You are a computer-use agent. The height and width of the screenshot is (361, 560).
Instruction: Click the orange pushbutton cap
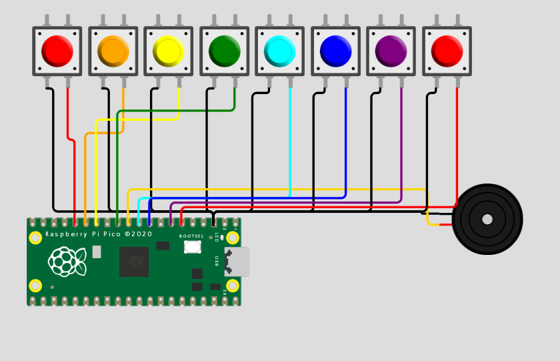pos(113,51)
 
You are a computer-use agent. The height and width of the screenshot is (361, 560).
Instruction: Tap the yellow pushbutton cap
pos(168,51)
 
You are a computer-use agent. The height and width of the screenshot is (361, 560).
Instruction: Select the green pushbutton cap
pos(224,51)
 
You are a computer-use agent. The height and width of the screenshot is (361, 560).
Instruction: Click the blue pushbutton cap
pos(335,51)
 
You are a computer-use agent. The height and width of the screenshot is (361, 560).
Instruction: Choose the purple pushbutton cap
pos(391,51)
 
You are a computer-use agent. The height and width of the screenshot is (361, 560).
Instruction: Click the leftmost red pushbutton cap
pos(57,51)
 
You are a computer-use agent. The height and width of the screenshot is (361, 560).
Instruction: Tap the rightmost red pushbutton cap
pos(447,51)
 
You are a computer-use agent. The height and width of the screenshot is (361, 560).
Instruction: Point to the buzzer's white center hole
pos(487,219)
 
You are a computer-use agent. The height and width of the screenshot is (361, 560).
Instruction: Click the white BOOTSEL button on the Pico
pos(193,247)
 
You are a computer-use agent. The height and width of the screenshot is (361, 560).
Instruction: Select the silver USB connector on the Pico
pos(238,262)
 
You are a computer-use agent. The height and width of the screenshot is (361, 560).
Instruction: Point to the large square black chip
pos(134,262)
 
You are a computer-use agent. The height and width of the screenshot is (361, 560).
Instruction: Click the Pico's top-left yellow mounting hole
pos(35,238)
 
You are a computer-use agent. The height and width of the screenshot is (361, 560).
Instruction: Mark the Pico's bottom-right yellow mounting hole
pos(232,286)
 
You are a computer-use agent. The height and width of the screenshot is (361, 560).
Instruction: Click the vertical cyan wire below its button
pos(290,140)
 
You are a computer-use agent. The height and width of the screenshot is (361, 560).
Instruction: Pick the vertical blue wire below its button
pos(346,140)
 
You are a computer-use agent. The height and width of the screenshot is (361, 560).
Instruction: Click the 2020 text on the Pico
pos(142,234)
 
